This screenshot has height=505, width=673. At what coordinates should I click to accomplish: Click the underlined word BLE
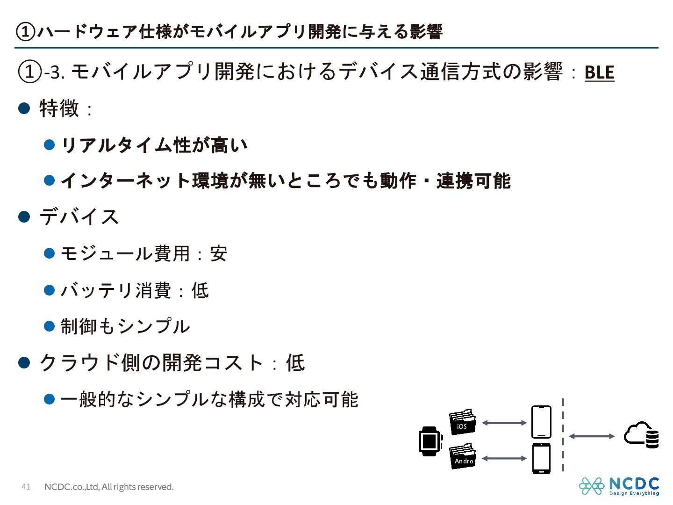(x=599, y=72)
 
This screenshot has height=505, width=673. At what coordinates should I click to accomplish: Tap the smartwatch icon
(x=430, y=441)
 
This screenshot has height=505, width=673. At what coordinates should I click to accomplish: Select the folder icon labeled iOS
(x=462, y=422)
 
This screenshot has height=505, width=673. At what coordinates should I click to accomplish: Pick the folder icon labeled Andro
(x=463, y=456)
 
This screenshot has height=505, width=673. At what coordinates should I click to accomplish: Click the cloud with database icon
(x=642, y=435)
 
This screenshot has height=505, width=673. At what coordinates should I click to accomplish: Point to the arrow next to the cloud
(x=592, y=436)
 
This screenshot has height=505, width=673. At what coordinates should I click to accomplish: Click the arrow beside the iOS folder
(x=504, y=423)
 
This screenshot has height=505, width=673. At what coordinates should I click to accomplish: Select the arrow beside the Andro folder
(x=504, y=459)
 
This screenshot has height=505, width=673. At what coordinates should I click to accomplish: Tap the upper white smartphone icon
(x=541, y=422)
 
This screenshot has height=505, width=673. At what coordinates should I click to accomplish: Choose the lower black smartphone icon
(x=541, y=458)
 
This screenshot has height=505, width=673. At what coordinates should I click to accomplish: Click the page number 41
(x=26, y=487)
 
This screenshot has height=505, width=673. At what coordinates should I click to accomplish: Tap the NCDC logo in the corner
(x=619, y=486)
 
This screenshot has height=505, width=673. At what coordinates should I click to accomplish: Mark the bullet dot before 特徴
(x=24, y=108)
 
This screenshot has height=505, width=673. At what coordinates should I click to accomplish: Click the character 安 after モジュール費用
(x=218, y=254)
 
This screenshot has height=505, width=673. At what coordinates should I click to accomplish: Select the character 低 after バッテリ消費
(x=200, y=290)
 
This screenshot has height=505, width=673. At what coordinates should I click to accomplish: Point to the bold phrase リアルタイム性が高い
(x=154, y=145)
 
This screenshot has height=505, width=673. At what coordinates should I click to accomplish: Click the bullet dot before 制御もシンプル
(x=50, y=326)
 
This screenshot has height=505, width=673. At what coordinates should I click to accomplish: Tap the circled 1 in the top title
(x=25, y=32)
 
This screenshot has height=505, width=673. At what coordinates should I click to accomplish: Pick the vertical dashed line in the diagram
(x=563, y=435)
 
